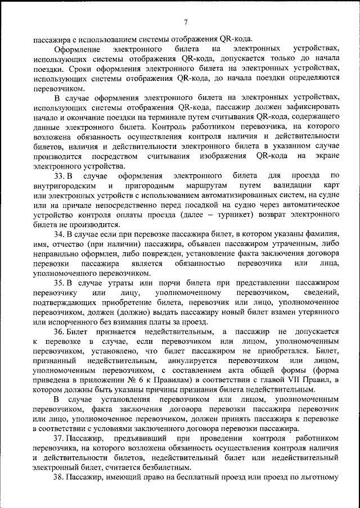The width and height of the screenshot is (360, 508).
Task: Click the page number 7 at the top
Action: (185, 22)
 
